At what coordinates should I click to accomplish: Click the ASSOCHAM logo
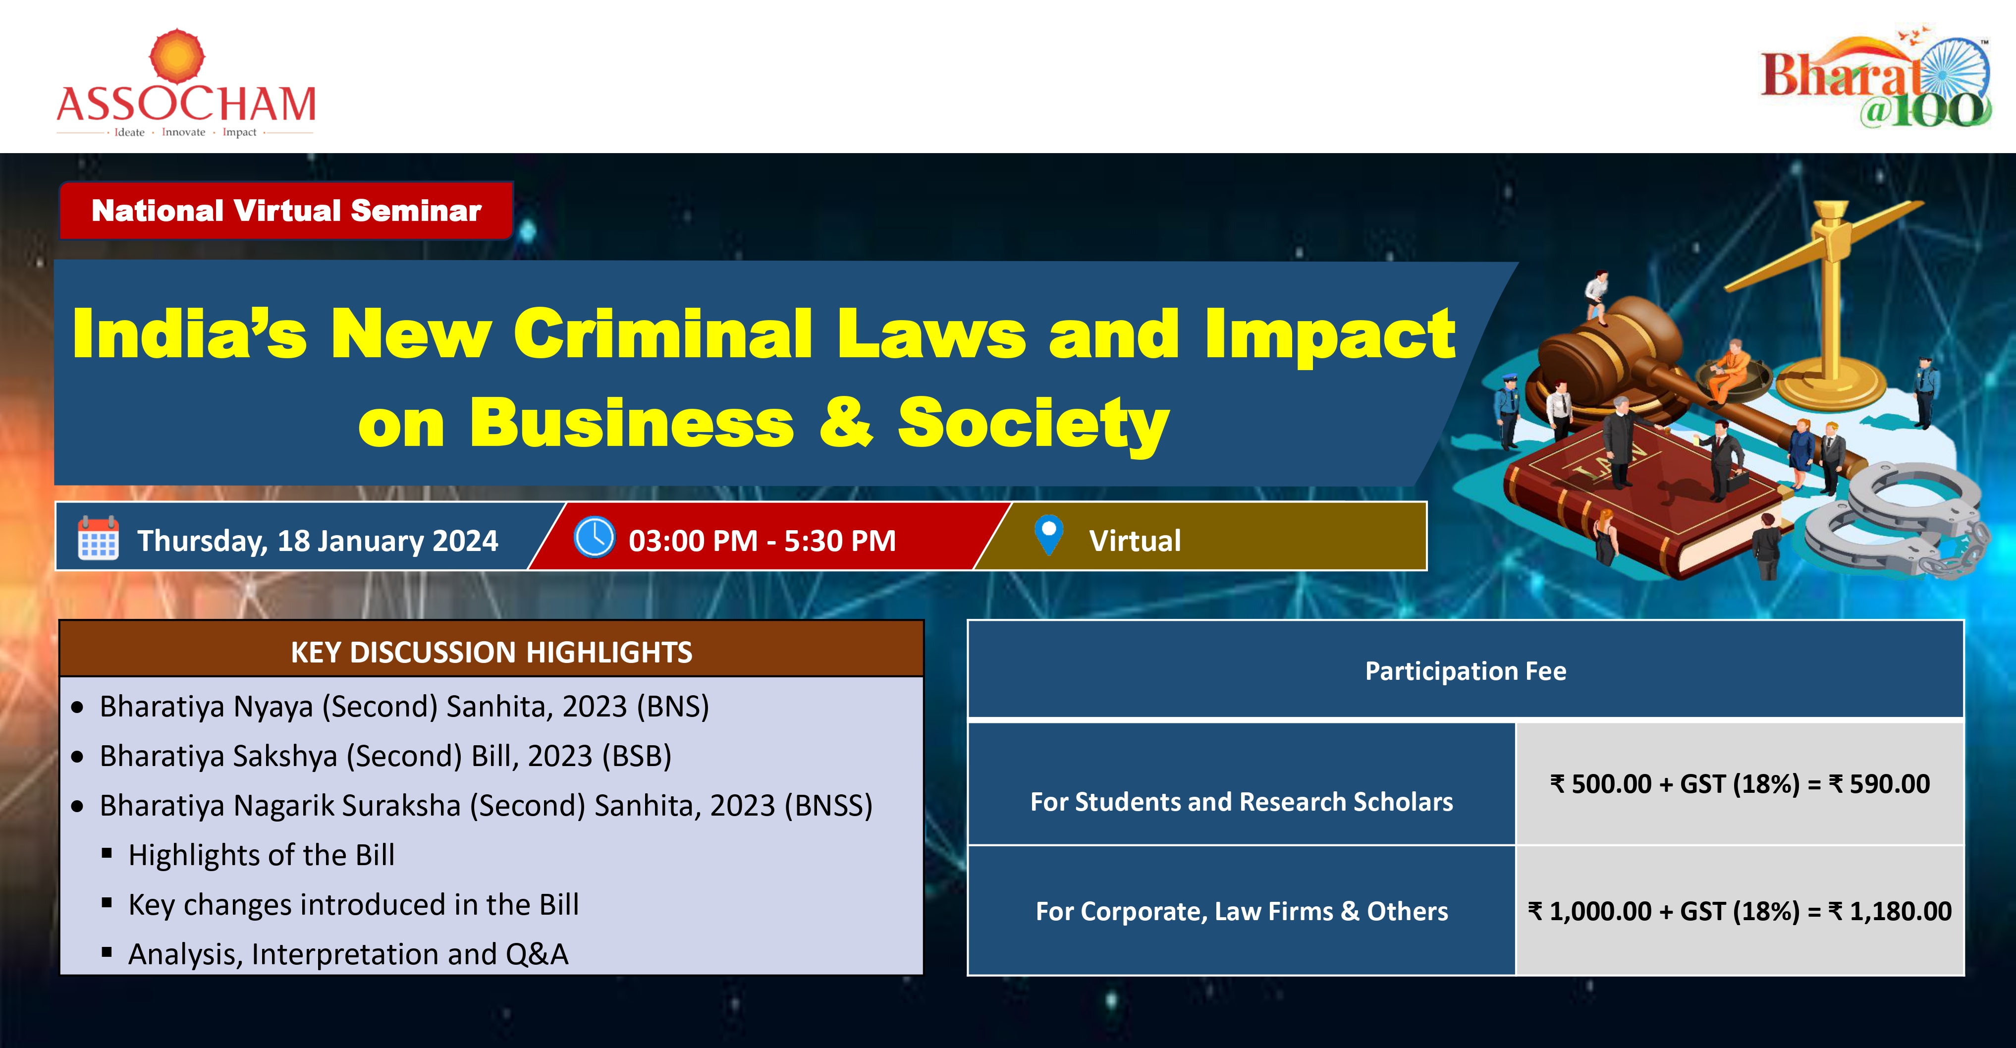[x=185, y=85]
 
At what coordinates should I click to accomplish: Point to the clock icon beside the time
[x=595, y=537]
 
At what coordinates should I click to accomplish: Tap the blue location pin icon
[x=1049, y=535]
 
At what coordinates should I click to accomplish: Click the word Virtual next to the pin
[x=1135, y=541]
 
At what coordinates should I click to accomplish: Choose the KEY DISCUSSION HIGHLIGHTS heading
[x=491, y=652]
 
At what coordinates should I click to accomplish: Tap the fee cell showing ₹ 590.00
[x=1740, y=783]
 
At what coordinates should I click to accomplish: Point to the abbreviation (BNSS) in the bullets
[x=828, y=805]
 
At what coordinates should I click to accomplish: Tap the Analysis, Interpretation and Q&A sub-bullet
[x=348, y=954]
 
